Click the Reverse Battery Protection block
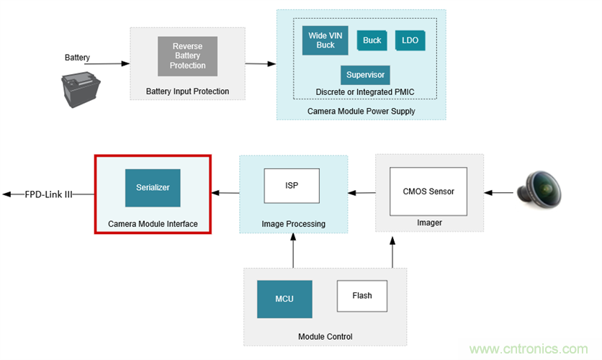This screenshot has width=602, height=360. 187,56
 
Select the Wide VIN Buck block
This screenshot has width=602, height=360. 325,40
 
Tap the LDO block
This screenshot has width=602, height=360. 410,40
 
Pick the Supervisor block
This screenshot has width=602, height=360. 365,75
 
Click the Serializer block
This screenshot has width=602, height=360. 152,187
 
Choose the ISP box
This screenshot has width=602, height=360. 291,186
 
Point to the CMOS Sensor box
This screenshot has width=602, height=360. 428,192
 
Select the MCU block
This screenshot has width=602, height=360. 284,299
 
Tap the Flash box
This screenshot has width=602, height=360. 362,295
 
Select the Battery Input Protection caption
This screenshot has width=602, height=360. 187,91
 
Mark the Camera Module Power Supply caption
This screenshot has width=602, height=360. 361,111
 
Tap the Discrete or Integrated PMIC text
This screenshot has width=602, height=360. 365,92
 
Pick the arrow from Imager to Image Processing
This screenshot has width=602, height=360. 361,192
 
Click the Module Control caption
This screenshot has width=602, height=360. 325,336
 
